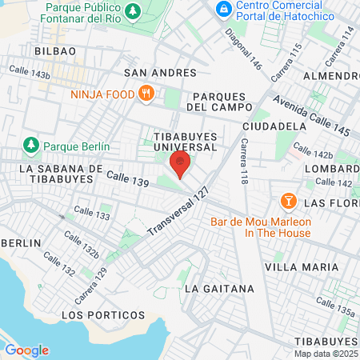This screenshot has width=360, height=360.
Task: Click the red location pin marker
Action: [181, 166]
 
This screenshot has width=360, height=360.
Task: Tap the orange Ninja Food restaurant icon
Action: [146, 93]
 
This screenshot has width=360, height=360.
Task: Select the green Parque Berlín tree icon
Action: [31, 146]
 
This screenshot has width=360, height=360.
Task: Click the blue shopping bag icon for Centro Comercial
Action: [224, 10]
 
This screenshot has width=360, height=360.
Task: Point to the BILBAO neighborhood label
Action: [54, 50]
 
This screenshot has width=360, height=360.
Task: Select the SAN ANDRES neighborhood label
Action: [160, 73]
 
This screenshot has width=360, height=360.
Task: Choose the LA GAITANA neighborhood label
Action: [218, 288]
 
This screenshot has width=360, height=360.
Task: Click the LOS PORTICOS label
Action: [104, 315]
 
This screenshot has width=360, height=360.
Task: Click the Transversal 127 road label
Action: [178, 217]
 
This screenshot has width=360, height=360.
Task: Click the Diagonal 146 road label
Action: [243, 49]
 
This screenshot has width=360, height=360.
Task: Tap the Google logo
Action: [26, 350]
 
